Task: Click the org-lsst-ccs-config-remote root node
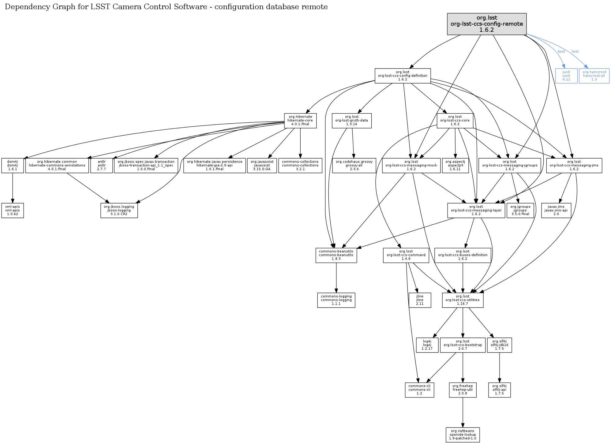487,24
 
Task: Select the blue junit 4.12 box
566,76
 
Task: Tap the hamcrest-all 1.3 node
594,76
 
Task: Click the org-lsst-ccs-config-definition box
403,76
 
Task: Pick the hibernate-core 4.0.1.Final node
300,121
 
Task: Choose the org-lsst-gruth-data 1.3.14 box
351,121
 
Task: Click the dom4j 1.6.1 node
13,166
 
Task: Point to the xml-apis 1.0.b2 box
13,211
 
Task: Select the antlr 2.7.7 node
102,166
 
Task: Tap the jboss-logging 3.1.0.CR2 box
119,211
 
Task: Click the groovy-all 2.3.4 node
354,166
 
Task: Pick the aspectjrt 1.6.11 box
455,166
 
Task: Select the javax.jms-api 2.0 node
556,211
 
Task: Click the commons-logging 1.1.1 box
336,300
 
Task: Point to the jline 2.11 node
420,300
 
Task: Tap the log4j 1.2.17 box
427,345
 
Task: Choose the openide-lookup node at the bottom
463,435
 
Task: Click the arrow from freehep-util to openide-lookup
463,412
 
